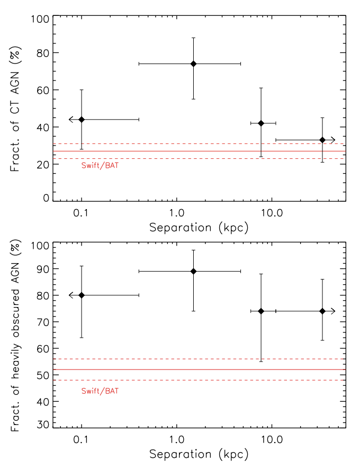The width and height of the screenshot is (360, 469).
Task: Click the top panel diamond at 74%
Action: click(193, 64)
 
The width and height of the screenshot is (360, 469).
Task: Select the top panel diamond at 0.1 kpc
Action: click(82, 120)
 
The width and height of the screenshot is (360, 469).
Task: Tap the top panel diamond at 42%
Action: click(260, 123)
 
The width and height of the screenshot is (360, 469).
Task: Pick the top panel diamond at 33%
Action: click(322, 140)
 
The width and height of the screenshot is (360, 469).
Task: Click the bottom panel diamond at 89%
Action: click(193, 271)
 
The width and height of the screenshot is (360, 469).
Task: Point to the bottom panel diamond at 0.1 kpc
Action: click(82, 295)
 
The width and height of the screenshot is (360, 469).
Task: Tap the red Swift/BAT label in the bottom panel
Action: click(97, 391)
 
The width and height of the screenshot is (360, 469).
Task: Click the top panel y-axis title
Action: click(16, 109)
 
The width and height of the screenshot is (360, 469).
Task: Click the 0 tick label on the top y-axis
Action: click(47, 198)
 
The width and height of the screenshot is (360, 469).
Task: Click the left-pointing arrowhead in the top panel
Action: click(70, 120)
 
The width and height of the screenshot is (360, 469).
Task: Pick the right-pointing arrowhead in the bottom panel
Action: click(333, 311)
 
